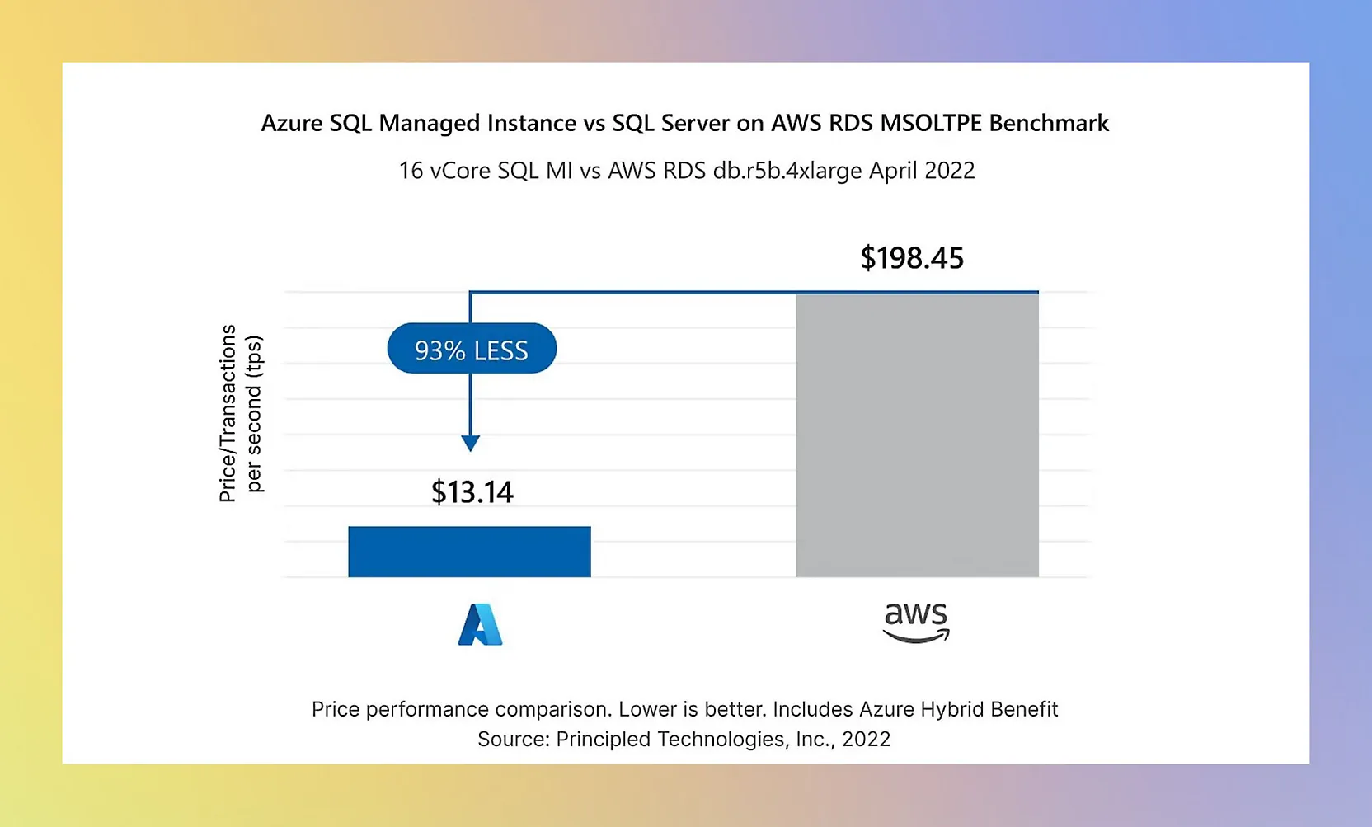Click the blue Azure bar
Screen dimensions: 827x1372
point(469,552)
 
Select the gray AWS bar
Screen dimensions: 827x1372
point(917,435)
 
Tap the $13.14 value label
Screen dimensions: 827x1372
point(472,492)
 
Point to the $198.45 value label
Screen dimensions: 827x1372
point(912,258)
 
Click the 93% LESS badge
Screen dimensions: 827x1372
point(472,349)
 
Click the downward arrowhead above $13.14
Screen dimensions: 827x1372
point(470,444)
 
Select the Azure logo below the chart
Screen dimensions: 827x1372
point(480,624)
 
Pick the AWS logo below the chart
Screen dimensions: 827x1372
point(916,623)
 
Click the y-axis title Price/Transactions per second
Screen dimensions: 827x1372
point(240,413)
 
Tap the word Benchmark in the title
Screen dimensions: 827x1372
point(1048,123)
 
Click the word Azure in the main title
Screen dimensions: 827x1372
point(292,123)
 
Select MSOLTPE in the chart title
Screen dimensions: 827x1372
point(931,123)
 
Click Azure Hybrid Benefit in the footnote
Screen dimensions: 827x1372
point(958,709)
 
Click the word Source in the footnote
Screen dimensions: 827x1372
point(513,739)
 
